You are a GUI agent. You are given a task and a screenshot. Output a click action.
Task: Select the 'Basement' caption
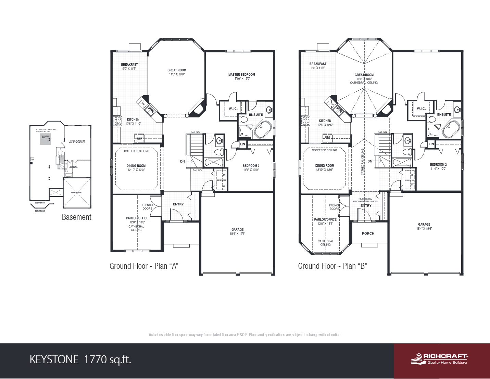tap(76, 217)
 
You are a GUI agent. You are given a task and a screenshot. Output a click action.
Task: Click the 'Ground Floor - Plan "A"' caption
tap(144, 266)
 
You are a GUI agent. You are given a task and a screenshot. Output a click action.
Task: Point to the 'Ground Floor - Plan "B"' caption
tap(332, 266)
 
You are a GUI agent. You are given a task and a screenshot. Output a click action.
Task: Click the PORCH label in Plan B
tap(368, 233)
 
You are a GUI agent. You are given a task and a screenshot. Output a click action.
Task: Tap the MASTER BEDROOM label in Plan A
tap(241, 74)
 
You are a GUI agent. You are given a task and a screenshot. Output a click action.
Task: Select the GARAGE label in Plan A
tap(237, 229)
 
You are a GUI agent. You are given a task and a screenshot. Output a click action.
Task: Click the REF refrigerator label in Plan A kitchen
tap(140, 139)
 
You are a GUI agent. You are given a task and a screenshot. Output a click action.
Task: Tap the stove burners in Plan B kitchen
tap(305, 121)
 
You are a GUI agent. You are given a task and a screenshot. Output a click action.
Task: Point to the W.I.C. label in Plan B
tap(421, 109)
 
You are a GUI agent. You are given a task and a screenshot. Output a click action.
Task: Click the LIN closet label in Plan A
tap(242, 144)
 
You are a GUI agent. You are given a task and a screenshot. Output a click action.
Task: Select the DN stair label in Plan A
tap(183, 161)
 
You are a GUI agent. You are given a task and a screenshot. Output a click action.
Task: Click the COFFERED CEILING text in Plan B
tap(324, 150)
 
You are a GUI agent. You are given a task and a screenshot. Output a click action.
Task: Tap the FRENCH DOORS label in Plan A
tap(147, 207)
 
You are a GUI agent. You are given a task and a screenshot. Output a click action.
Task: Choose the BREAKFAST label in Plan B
tap(318, 64)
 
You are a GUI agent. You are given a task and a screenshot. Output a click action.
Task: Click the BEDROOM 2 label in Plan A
tap(251, 166)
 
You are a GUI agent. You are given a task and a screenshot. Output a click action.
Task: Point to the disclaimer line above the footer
tap(245, 335)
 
